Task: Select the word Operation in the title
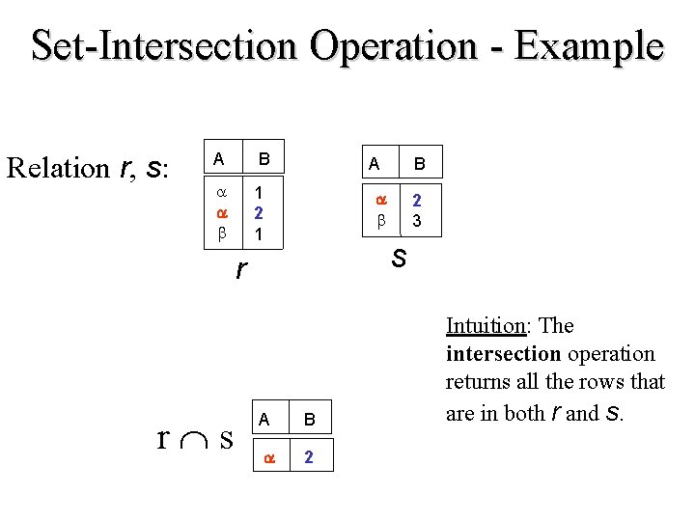pyautogui.click(x=404, y=45)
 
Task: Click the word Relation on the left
pyautogui.click(x=58, y=168)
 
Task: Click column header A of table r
pyautogui.click(x=219, y=158)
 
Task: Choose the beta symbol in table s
pyautogui.click(x=380, y=221)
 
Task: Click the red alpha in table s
pyautogui.click(x=380, y=201)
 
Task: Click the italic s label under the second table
pyautogui.click(x=398, y=258)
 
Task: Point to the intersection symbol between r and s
pyautogui.click(x=193, y=439)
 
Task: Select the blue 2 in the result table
pyautogui.click(x=308, y=456)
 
